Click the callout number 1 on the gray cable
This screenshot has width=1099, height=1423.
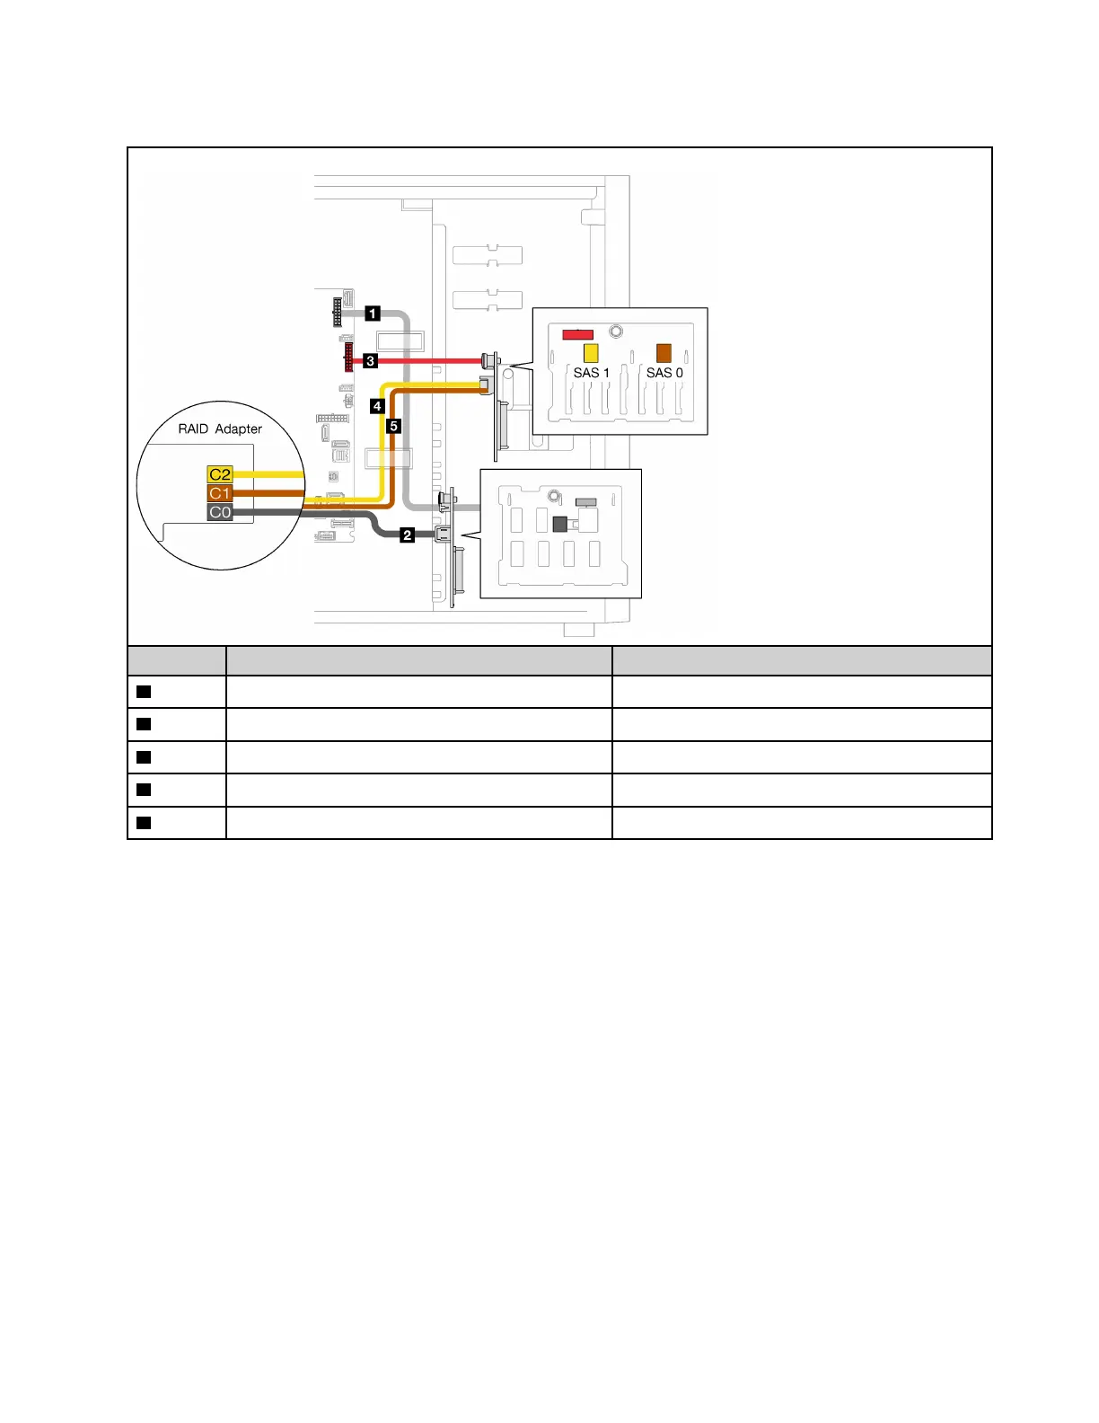click(373, 314)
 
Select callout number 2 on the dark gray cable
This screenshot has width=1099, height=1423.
click(407, 535)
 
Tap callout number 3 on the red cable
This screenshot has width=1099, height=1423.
click(370, 361)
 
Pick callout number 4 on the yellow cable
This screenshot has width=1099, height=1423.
click(377, 406)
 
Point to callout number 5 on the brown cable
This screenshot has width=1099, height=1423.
click(393, 426)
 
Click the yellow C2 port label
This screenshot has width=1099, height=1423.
click(220, 474)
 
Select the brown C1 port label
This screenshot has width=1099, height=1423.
click(220, 493)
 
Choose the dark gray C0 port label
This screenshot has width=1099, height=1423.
click(220, 512)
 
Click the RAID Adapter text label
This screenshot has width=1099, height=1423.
click(220, 429)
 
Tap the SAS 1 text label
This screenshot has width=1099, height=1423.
click(591, 373)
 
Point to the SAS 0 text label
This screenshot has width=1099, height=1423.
click(664, 373)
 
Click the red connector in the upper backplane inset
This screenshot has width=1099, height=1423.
click(577, 335)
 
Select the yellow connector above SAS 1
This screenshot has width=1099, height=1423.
click(591, 352)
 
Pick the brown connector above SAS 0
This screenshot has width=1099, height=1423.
click(664, 352)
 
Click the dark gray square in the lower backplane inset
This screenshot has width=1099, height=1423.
click(560, 524)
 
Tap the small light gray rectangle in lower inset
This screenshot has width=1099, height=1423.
click(586, 501)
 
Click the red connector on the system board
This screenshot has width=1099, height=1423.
click(348, 357)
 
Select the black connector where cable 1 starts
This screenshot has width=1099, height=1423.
click(337, 314)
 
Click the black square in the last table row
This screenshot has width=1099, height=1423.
click(143, 823)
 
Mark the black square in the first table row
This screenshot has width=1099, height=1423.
click(143, 692)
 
